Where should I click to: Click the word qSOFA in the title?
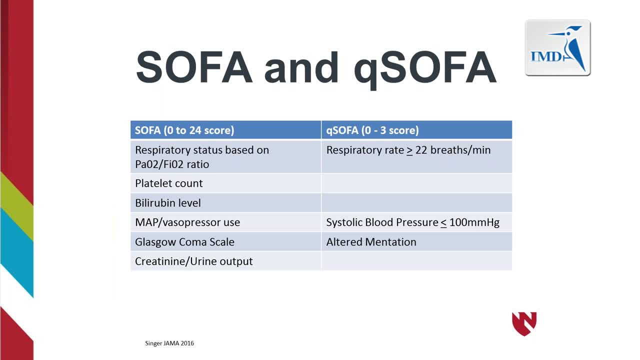[425, 69]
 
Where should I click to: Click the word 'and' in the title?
[301, 67]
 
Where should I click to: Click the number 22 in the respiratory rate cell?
[421, 150]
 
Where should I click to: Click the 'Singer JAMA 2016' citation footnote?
[169, 343]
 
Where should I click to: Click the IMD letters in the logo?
[546, 56]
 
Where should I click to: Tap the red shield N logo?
[524, 323]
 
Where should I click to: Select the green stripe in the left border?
[16, 205]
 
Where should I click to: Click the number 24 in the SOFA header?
[195, 130]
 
